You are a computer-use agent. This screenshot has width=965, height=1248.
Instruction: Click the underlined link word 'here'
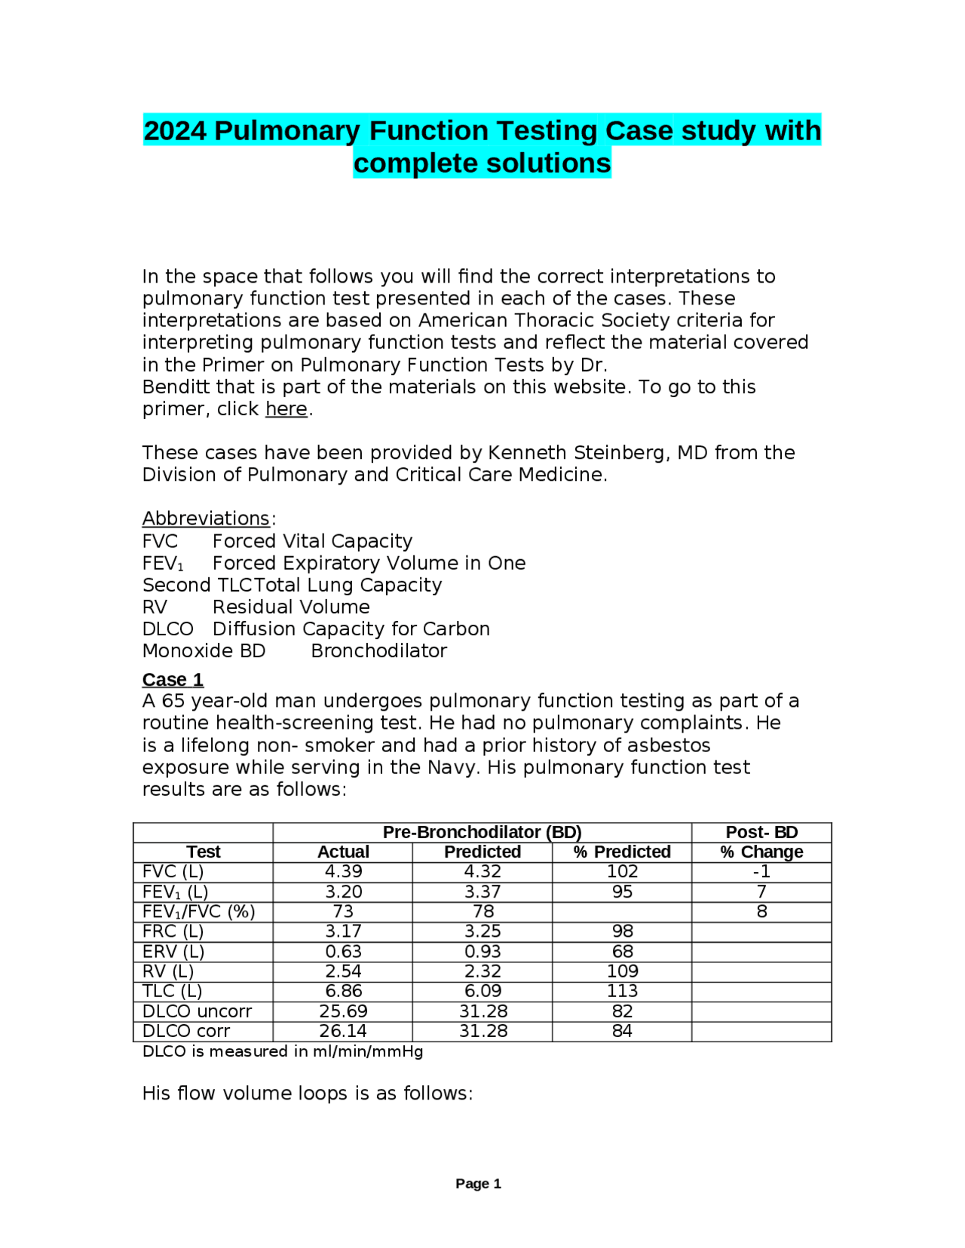pyautogui.click(x=286, y=409)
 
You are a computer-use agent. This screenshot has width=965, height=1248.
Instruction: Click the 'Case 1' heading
pyautogui.click(x=173, y=680)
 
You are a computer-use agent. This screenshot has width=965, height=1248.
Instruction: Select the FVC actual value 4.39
pyautogui.click(x=343, y=872)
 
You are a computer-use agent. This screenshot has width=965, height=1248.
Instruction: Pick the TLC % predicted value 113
pyautogui.click(x=622, y=991)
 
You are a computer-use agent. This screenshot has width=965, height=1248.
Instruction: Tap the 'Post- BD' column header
pyautogui.click(x=761, y=832)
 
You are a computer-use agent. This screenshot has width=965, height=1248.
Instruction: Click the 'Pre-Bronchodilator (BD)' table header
pyautogui.click(x=482, y=832)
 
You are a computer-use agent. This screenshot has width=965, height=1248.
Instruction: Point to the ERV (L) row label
pyautogui.click(x=173, y=952)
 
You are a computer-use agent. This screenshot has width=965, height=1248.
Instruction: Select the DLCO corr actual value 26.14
pyautogui.click(x=343, y=1031)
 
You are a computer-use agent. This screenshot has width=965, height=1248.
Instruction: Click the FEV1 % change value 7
pyautogui.click(x=761, y=892)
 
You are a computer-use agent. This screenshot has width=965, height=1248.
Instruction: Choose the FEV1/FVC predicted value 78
pyautogui.click(x=482, y=912)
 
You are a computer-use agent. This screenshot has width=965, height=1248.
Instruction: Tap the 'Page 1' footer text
pyautogui.click(x=478, y=1184)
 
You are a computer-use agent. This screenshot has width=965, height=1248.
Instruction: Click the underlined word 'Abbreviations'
pyautogui.click(x=206, y=518)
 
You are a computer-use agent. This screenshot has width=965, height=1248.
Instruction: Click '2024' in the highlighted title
pyautogui.click(x=174, y=131)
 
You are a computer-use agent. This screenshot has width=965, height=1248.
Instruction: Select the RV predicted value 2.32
pyautogui.click(x=482, y=971)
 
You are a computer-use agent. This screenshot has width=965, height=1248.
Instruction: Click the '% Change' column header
pyautogui.click(x=761, y=852)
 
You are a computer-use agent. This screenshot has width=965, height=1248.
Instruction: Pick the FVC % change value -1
pyautogui.click(x=761, y=872)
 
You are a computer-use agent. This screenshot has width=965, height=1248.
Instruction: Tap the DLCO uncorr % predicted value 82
pyautogui.click(x=622, y=1011)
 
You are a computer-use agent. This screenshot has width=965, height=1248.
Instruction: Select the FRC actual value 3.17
pyautogui.click(x=343, y=931)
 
